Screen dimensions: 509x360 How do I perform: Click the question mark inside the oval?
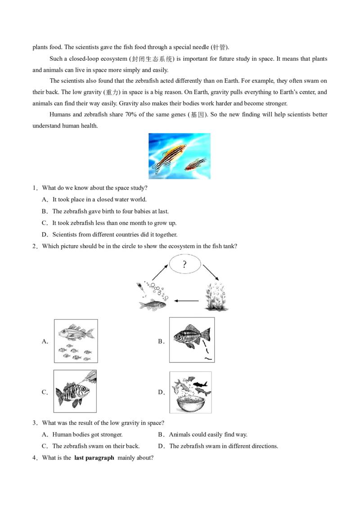[x=184, y=264]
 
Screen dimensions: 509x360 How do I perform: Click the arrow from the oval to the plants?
[x=211, y=272]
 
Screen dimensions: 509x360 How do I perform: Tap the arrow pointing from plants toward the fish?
[x=186, y=301]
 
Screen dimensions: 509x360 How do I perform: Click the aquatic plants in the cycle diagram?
[x=215, y=297]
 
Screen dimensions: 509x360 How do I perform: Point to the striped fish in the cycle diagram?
[x=153, y=305]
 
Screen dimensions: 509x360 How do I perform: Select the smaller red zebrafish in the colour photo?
[x=196, y=164]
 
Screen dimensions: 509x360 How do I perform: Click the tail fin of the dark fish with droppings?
[x=206, y=335]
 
